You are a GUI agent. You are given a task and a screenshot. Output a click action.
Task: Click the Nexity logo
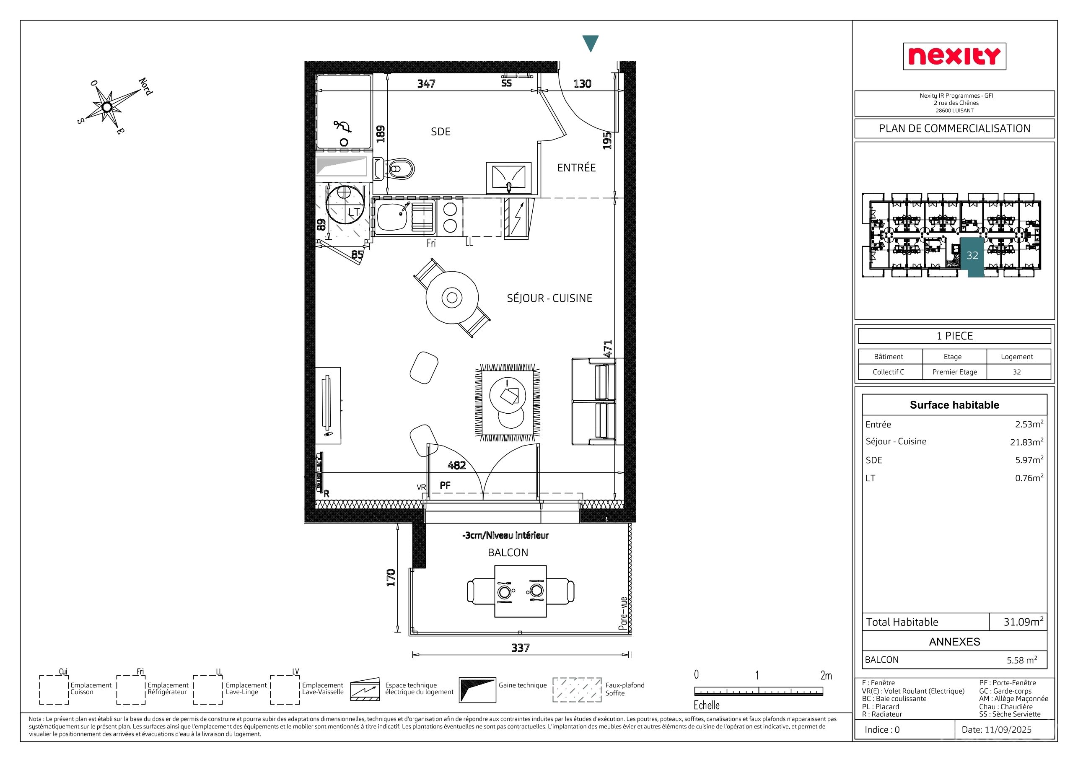pos(954,56)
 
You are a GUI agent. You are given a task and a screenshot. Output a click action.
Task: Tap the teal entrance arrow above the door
pos(590,43)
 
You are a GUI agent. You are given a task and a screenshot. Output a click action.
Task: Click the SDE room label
pos(441,132)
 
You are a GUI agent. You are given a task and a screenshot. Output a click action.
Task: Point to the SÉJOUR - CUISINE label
pos(549,298)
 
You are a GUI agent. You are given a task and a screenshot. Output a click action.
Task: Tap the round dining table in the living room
pos(452,297)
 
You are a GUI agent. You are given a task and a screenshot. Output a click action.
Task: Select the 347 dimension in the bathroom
pos(426,83)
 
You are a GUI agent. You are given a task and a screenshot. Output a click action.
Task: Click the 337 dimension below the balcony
pos(520,648)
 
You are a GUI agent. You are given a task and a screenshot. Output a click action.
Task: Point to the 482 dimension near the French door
pos(456,465)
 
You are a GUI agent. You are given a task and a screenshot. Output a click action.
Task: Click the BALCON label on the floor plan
pos(508,552)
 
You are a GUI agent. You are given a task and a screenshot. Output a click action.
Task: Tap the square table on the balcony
pos(520,591)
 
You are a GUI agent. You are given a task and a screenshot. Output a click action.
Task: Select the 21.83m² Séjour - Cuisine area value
pos(1027,442)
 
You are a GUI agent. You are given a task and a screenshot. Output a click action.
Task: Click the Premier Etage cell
pos(954,372)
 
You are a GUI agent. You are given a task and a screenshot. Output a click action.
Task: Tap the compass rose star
pos(107,107)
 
